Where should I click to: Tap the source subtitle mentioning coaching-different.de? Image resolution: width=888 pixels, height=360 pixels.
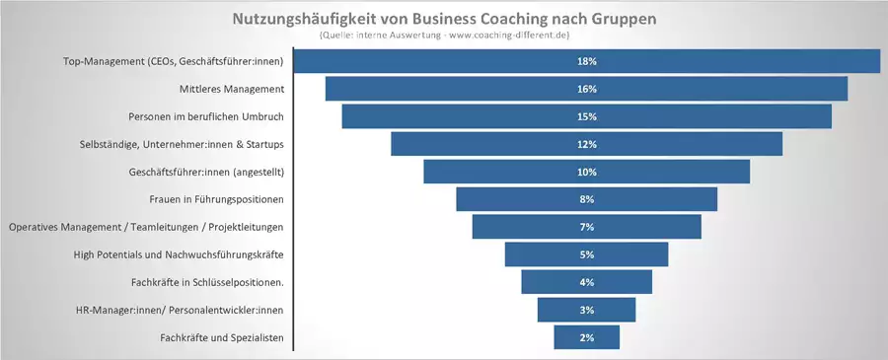click(444, 36)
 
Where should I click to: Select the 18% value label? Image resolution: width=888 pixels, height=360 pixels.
click(587, 61)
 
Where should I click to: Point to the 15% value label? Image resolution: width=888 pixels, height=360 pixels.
click(587, 116)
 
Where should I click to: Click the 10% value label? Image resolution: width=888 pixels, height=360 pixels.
click(587, 172)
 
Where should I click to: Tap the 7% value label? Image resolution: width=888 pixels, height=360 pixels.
click(587, 227)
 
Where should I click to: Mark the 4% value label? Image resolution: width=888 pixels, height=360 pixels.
click(587, 282)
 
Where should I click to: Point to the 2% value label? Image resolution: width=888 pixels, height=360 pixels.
click(587, 337)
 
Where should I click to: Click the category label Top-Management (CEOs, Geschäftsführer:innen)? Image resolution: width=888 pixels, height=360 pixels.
click(173, 61)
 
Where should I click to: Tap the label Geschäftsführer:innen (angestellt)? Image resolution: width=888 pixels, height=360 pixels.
click(206, 172)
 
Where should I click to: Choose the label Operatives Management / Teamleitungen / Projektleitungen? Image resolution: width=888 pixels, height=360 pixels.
click(146, 227)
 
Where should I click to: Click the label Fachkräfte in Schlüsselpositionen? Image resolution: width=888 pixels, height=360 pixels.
click(207, 282)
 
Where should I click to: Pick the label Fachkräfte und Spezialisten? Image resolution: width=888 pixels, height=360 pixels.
click(222, 337)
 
